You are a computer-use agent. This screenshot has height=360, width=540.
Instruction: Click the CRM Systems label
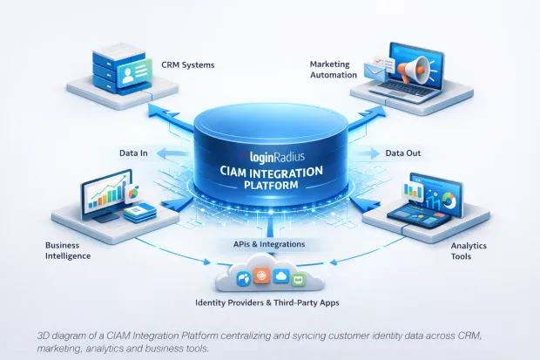[x=189, y=64]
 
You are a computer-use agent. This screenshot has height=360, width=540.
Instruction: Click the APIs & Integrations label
[x=268, y=244]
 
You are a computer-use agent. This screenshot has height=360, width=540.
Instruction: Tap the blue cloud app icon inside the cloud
[x=280, y=275]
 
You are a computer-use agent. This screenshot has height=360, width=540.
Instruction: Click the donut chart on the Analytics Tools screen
[x=447, y=200]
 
